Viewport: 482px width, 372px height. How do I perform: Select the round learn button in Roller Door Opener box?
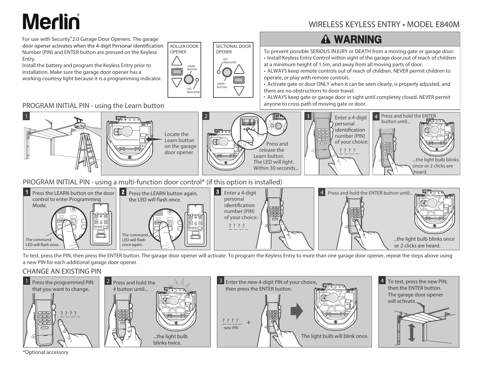(x=188, y=79)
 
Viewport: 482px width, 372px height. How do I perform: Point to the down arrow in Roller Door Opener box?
(x=176, y=82)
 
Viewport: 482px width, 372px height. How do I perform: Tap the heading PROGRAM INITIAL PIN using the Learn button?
(x=93, y=106)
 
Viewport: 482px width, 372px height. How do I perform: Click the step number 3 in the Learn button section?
(x=308, y=116)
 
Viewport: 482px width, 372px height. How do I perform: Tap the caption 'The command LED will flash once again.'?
(x=135, y=240)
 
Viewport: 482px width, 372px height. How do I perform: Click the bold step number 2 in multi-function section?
(x=123, y=193)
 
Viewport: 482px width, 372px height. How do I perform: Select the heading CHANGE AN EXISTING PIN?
(x=62, y=271)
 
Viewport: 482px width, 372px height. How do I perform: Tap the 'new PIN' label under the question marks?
(x=231, y=328)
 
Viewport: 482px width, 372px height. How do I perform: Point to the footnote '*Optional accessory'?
(x=46, y=352)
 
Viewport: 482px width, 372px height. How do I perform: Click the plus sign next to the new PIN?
(x=248, y=322)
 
